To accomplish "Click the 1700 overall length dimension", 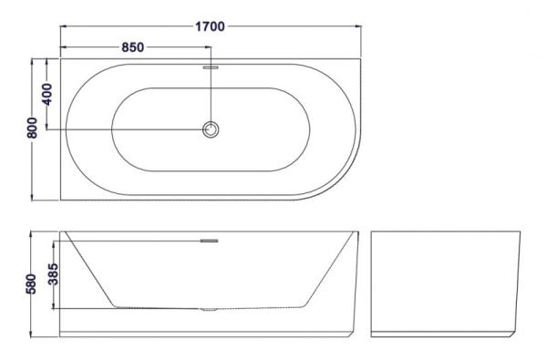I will pos(209,26).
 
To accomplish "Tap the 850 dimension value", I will pos(131,47).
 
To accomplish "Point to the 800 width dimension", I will pos(32,129).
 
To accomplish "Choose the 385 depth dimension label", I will pos(53,273).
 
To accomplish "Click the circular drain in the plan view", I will pos(212,129).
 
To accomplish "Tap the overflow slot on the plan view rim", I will pos(211,67).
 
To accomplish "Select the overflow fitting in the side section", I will pos(210,241).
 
